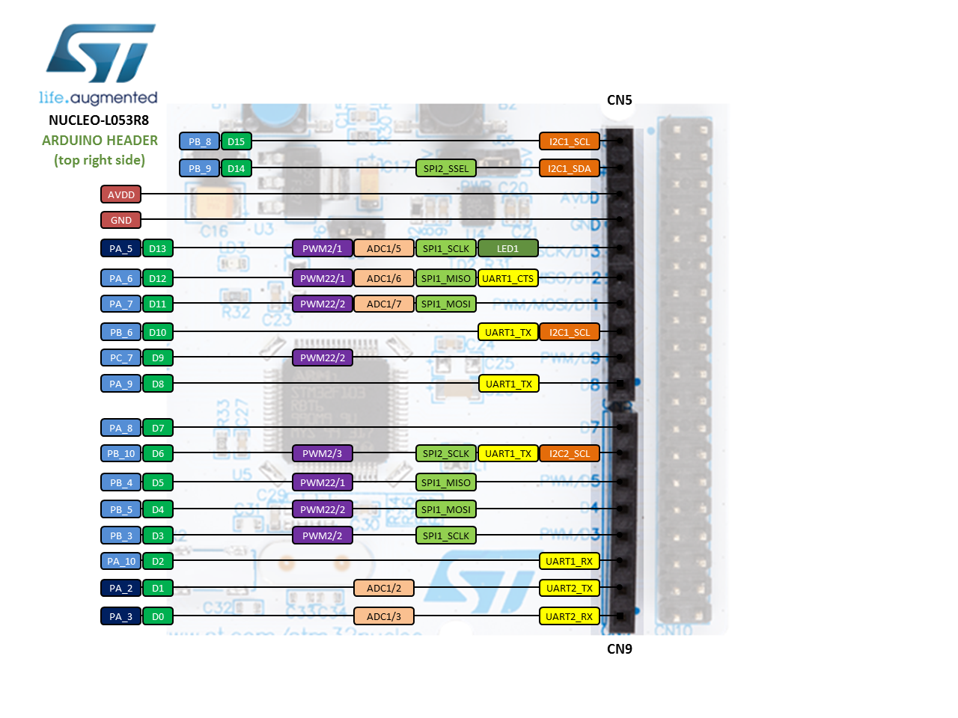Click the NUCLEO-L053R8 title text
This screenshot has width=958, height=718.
pos(99,120)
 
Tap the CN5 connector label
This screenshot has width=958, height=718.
pos(619,100)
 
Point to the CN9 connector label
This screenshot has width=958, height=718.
pos(619,649)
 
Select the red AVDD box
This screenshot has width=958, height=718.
pos(121,194)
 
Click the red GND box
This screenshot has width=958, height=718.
pos(121,220)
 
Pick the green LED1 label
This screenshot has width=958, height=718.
pos(507,248)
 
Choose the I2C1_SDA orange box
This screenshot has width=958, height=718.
pos(569,168)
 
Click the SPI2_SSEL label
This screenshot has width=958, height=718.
pos(445,168)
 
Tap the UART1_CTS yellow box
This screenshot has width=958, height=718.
pos(507,278)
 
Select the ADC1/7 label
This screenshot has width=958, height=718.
pos(384,304)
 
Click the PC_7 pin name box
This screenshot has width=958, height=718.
pos(121,358)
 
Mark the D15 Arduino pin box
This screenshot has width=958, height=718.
pos(236,141)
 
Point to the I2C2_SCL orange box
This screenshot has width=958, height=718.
pos(569,453)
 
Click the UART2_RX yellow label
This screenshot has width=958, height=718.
pos(569,616)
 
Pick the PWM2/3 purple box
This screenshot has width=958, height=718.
pos(322,453)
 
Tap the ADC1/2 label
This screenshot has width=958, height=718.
pos(384,588)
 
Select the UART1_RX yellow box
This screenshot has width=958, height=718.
pos(569,561)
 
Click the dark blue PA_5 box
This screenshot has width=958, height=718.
pos(121,248)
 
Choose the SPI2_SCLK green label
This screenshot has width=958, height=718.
pos(445,453)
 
